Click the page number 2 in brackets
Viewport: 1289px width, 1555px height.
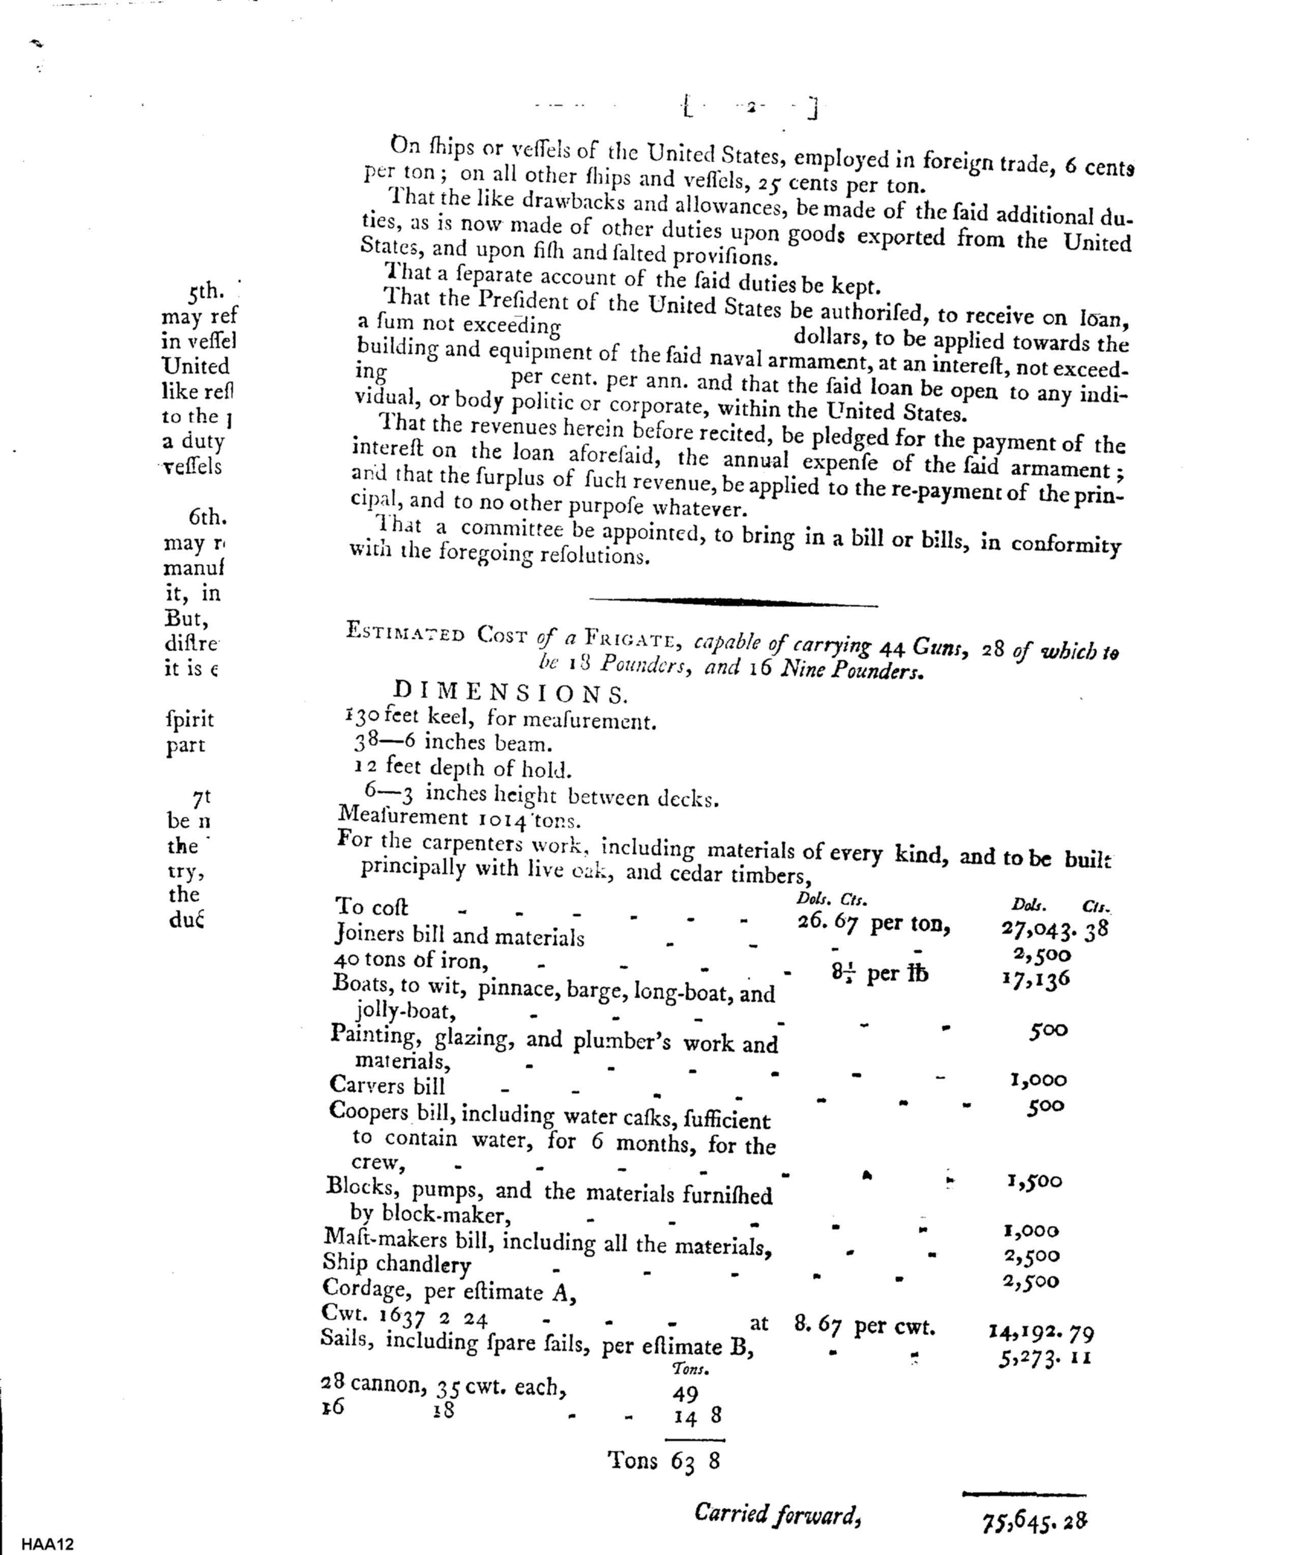click(750, 108)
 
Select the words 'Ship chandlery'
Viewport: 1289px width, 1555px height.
click(397, 1263)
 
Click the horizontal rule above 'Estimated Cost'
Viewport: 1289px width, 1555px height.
click(733, 602)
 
